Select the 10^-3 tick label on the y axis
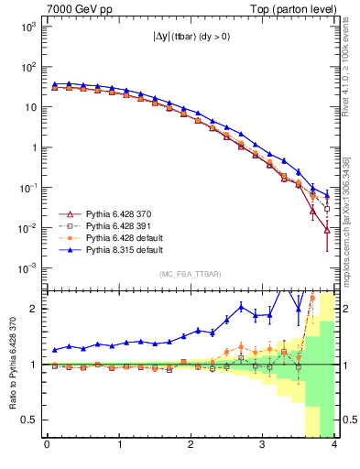(x=27, y=268)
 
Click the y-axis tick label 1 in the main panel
(x=35, y=147)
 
